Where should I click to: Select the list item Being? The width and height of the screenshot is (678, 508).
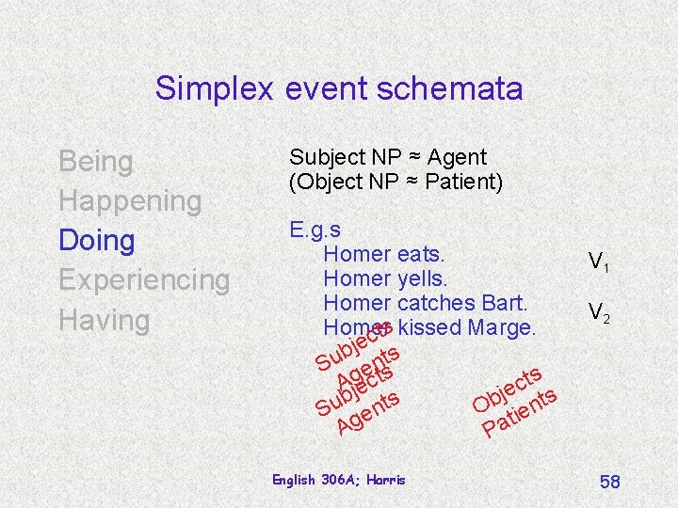tap(96, 162)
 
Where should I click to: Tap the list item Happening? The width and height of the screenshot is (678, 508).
tap(130, 201)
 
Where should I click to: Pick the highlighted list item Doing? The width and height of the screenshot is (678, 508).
tap(96, 241)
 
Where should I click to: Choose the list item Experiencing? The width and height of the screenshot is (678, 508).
tap(144, 280)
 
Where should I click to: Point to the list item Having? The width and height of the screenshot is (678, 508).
tap(105, 320)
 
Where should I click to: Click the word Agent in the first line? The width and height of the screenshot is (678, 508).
tap(457, 157)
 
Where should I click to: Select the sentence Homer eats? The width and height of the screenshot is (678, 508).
tap(383, 254)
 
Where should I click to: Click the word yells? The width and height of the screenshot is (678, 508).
tap(423, 278)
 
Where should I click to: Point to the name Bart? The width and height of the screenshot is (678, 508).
tap(508, 303)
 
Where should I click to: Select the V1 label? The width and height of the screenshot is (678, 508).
tap(598, 263)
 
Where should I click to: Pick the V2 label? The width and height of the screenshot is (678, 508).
tap(599, 312)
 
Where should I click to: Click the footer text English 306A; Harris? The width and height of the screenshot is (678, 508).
tap(338, 480)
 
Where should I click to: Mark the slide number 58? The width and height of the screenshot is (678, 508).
tap(609, 482)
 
